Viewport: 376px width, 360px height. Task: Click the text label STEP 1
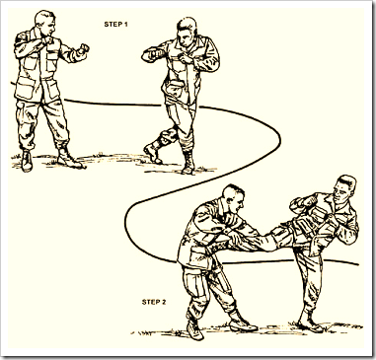tap(115, 25)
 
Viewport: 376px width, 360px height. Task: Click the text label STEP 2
tap(154, 302)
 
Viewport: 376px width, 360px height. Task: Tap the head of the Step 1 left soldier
tap(45, 23)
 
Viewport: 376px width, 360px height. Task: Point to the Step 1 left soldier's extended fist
tap(83, 49)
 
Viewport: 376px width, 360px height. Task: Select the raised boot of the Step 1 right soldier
tap(153, 153)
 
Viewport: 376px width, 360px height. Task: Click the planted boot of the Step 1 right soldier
tap(188, 164)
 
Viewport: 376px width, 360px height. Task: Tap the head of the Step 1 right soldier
tap(187, 33)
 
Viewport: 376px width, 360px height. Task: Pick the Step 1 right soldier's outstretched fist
tap(148, 55)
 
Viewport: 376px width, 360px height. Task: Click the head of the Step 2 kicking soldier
tap(344, 189)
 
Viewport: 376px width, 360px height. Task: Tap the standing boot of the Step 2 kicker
tap(309, 323)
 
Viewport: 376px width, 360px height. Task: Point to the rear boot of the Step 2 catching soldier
tap(194, 328)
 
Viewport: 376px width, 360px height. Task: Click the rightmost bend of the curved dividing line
tap(280, 140)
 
